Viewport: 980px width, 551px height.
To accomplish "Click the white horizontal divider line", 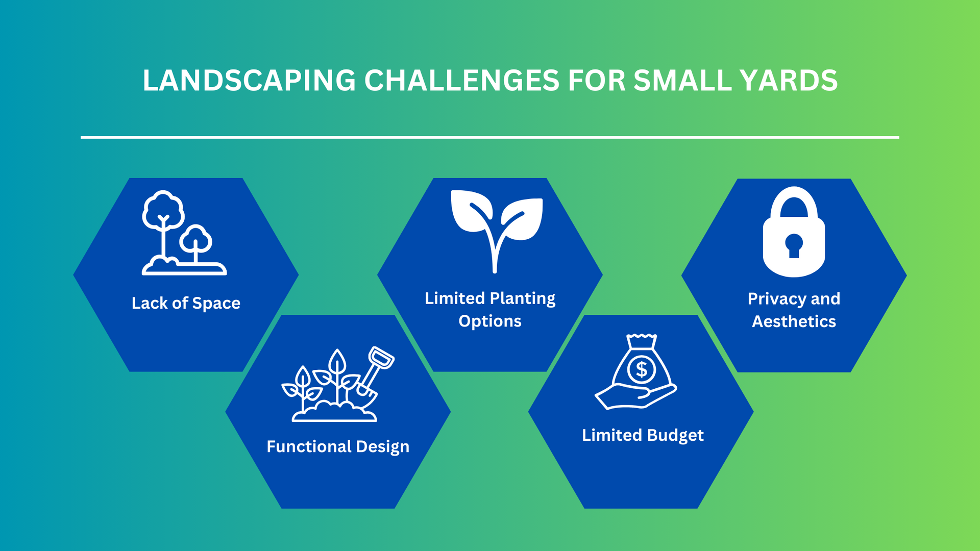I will click(x=490, y=137).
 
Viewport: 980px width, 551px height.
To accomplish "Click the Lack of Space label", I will click(x=186, y=303).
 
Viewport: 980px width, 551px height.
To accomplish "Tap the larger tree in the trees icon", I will click(x=163, y=212).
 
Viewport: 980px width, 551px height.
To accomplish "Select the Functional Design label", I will click(x=338, y=446).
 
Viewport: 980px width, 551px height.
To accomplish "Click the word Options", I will click(x=490, y=321).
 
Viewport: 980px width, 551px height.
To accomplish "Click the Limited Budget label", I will click(x=643, y=435).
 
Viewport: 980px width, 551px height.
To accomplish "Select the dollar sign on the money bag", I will click(x=642, y=369).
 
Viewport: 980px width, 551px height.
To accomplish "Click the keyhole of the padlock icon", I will click(x=794, y=245).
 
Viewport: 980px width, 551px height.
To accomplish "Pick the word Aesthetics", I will click(x=794, y=321).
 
